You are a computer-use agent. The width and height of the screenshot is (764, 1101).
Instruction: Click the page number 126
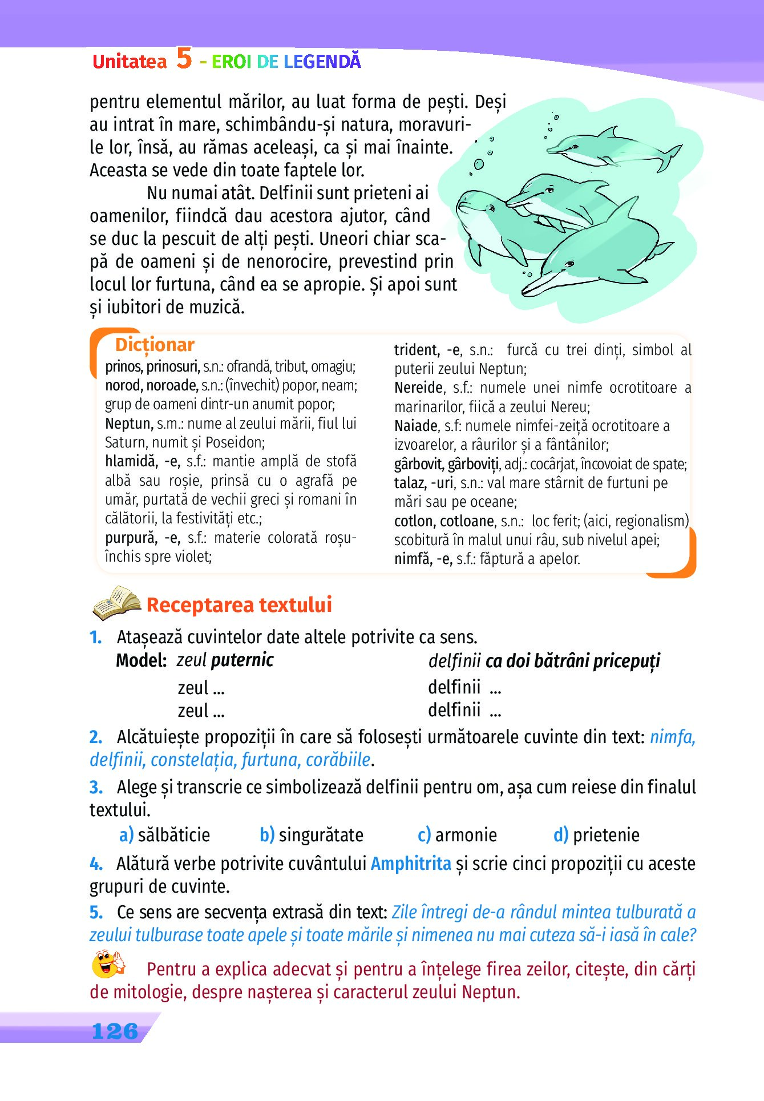pyautogui.click(x=115, y=1031)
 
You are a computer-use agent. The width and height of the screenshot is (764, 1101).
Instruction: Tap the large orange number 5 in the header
pyautogui.click(x=184, y=58)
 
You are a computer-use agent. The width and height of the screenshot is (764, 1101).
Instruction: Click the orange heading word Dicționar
pyautogui.click(x=155, y=345)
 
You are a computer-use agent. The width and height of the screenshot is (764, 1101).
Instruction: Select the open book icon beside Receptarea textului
pyautogui.click(x=116, y=603)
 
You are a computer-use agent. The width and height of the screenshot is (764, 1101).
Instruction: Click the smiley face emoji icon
pyautogui.click(x=108, y=964)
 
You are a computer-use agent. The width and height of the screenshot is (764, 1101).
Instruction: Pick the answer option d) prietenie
pyautogui.click(x=596, y=835)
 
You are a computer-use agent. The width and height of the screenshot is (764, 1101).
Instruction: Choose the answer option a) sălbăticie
pyautogui.click(x=165, y=835)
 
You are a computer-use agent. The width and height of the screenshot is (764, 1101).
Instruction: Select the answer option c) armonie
pyautogui.click(x=457, y=835)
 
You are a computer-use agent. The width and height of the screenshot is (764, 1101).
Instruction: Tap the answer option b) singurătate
pyautogui.click(x=312, y=835)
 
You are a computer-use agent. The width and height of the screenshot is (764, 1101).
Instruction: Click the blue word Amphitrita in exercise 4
pyautogui.click(x=411, y=864)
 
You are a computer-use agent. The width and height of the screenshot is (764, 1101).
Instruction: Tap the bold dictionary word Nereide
pyautogui.click(x=419, y=388)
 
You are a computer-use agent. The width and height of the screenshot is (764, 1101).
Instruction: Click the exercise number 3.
pyautogui.click(x=96, y=788)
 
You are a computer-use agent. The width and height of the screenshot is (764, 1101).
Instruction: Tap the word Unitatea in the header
pyautogui.click(x=130, y=61)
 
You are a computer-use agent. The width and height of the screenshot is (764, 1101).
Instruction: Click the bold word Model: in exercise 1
pyautogui.click(x=141, y=661)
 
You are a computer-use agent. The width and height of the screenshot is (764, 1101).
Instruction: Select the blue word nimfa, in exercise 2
pyautogui.click(x=672, y=737)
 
